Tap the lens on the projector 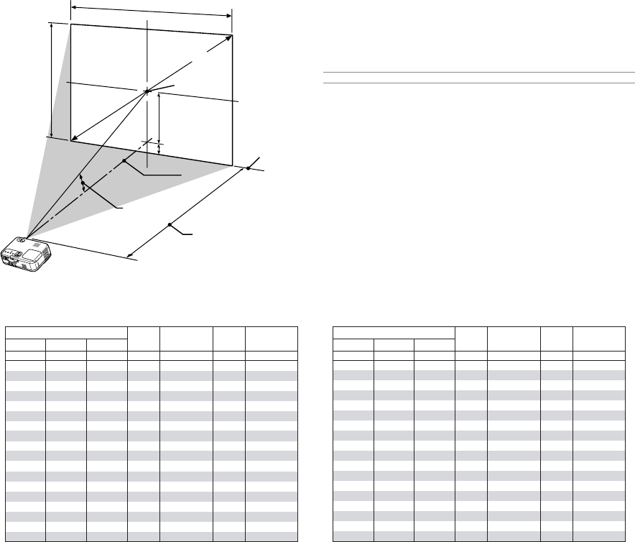(x=22, y=242)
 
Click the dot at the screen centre (x=147, y=91)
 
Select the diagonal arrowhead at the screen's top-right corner (x=230, y=37)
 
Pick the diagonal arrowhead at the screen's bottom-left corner (x=73, y=137)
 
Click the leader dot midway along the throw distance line (x=170, y=225)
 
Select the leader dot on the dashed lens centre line (x=124, y=160)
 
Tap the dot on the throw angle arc (x=83, y=183)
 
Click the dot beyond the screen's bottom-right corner (x=248, y=168)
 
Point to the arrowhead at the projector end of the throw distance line (x=129, y=254)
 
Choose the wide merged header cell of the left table (x=66, y=333)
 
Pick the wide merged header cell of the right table (x=394, y=333)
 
